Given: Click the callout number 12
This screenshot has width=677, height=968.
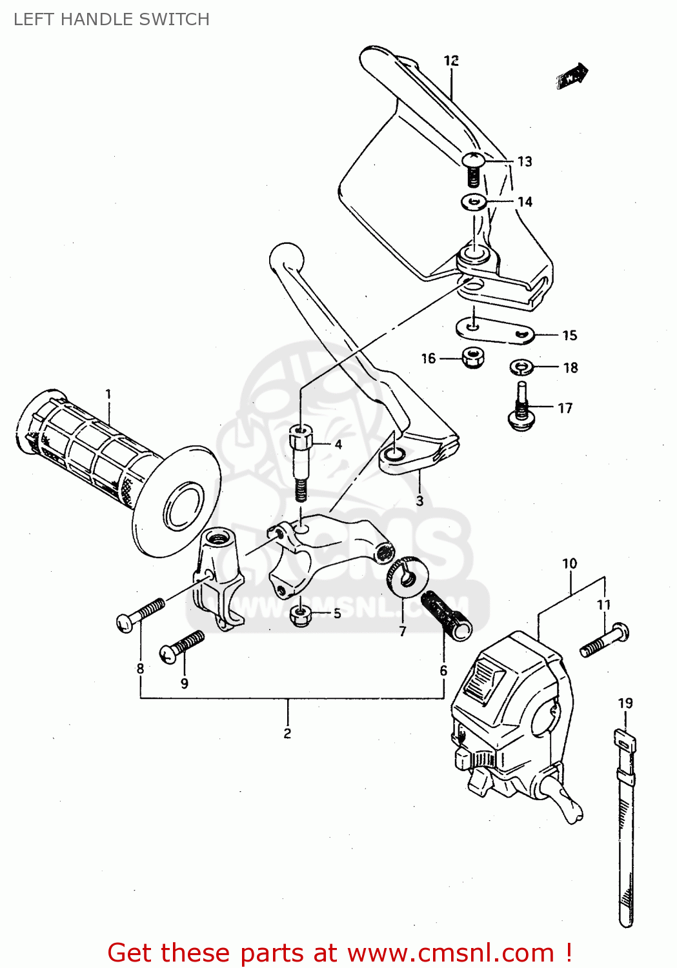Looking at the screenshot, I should point(451,61).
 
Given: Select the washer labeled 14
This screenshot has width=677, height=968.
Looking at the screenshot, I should point(474,203).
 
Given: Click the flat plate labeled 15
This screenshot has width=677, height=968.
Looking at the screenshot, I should point(494,330).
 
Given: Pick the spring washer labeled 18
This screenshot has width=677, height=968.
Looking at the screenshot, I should point(520,368).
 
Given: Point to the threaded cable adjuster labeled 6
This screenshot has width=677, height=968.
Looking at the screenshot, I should point(447,614).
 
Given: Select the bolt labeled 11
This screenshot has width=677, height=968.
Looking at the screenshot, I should point(604,640).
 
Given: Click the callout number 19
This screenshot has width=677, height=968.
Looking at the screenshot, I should point(625,703).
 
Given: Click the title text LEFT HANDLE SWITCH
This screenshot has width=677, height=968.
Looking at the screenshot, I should point(111,19).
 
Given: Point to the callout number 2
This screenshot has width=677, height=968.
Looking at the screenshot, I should point(287,734).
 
